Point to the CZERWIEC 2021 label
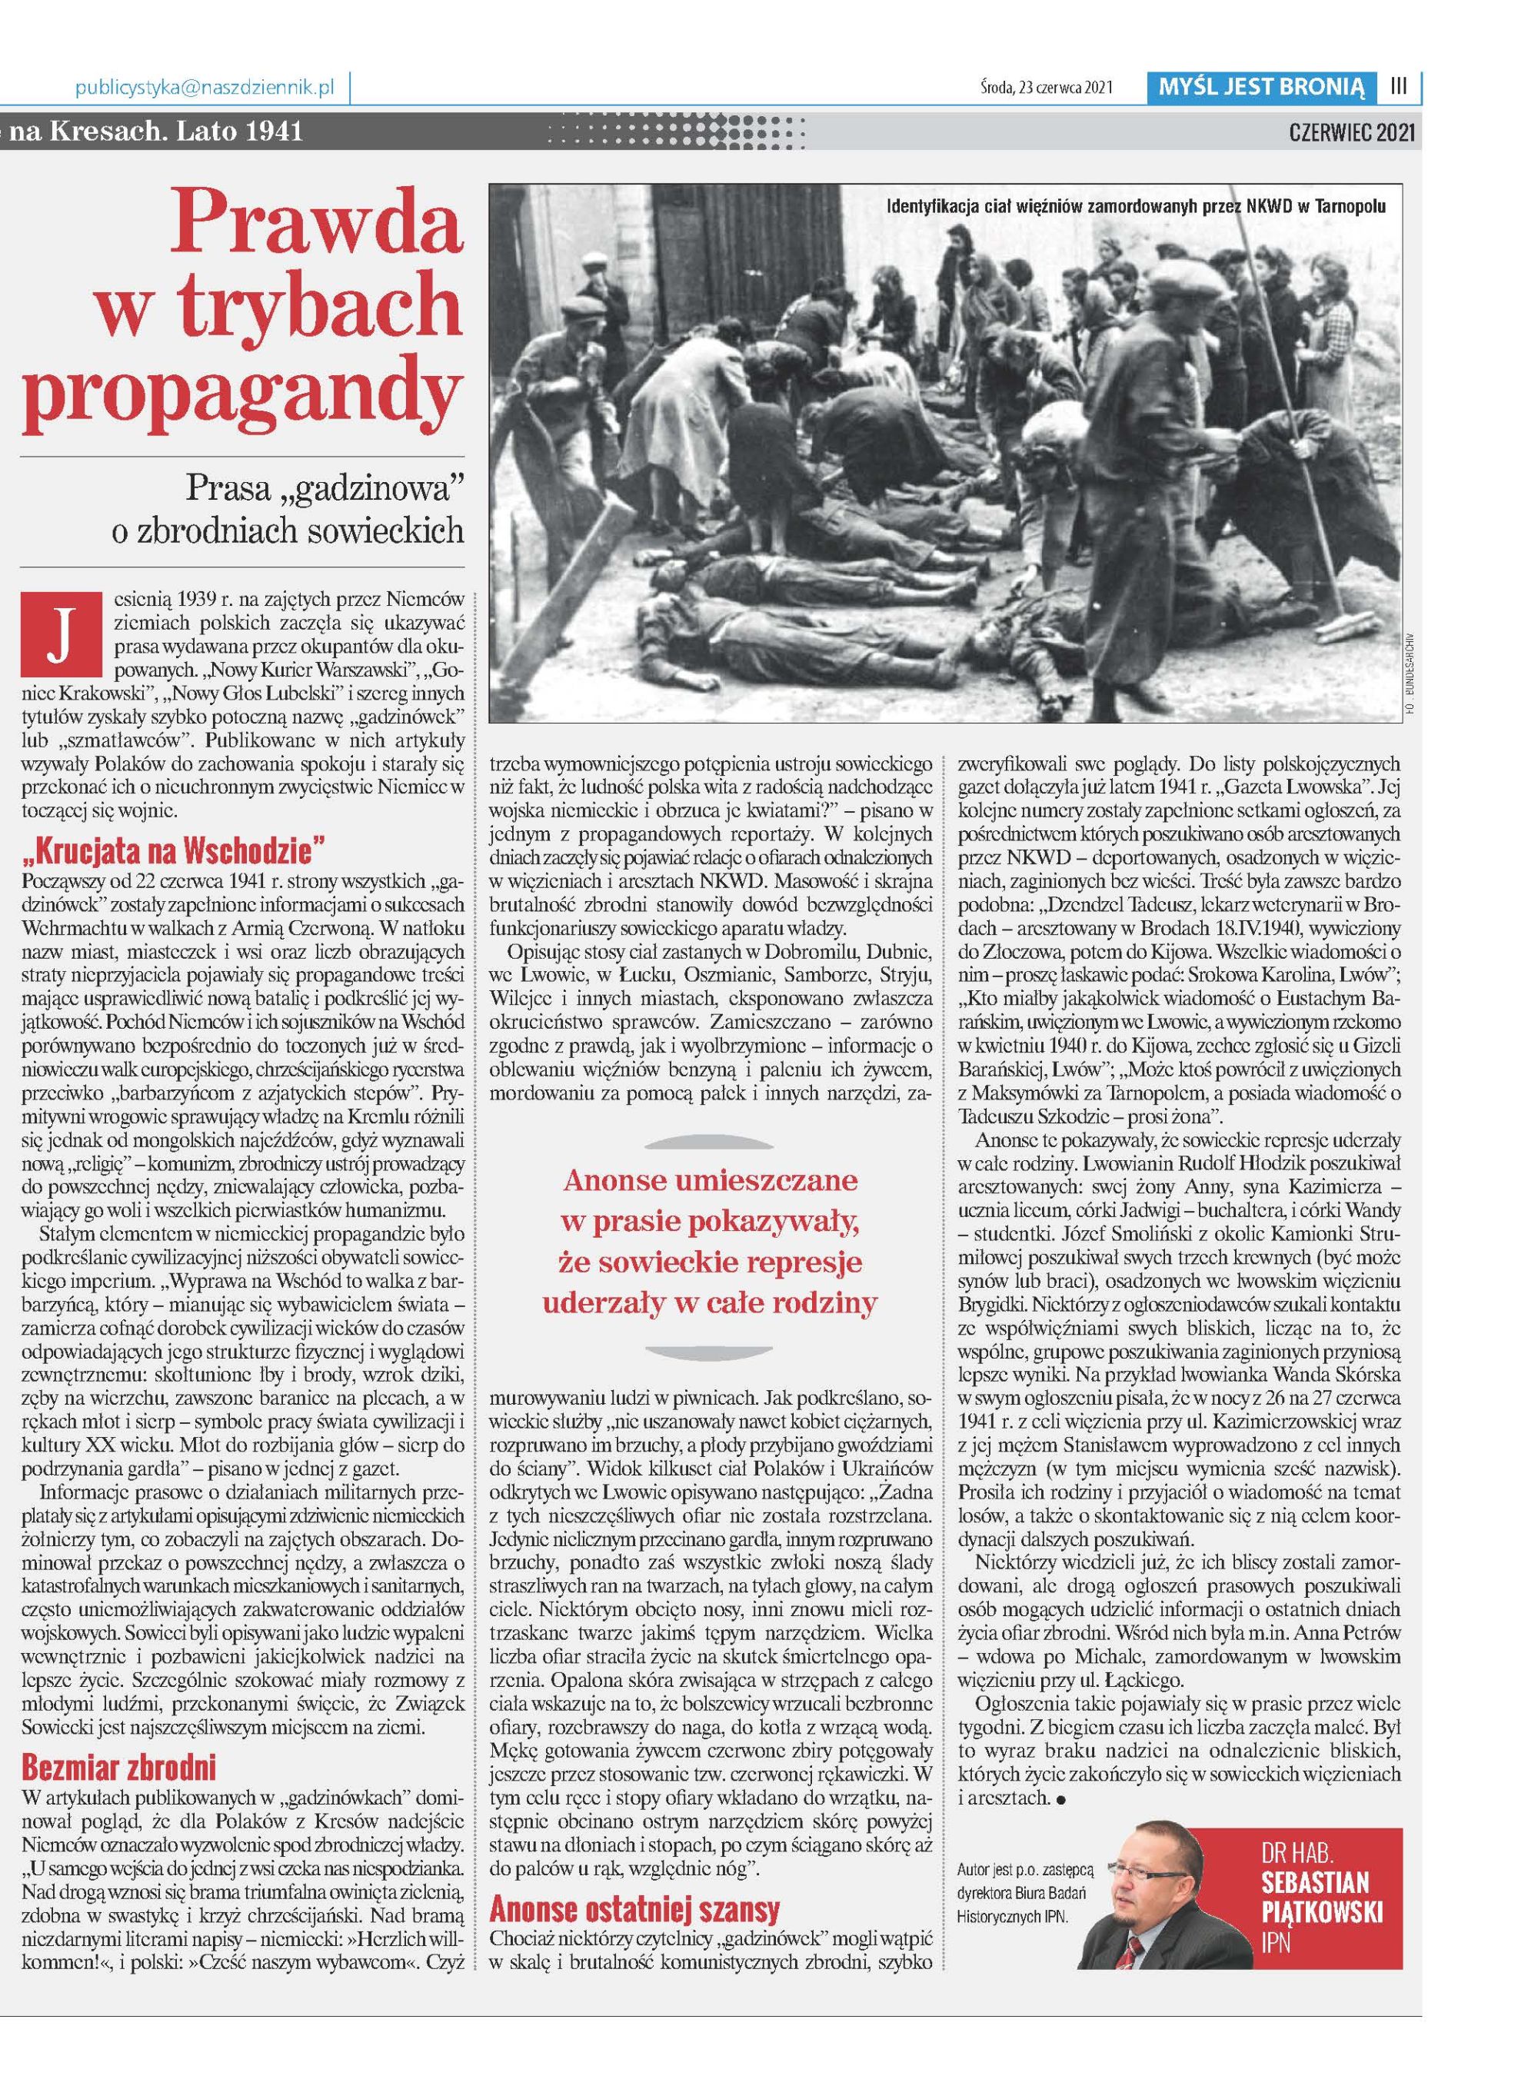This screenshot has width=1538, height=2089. (x=1351, y=131)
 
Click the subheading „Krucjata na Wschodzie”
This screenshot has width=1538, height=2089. (x=172, y=850)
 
